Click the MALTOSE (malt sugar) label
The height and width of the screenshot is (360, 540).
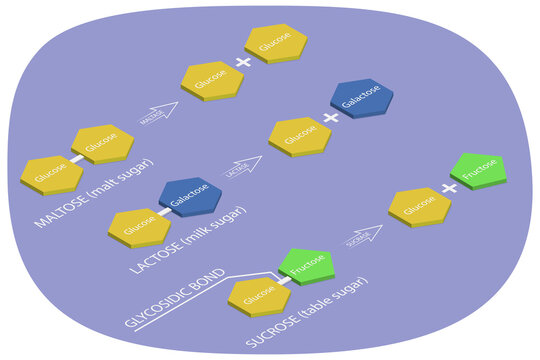[x=95, y=193]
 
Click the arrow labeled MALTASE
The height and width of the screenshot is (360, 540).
[x=158, y=114]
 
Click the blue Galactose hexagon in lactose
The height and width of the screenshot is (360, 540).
[x=190, y=194]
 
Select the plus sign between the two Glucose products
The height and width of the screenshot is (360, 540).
[x=242, y=63]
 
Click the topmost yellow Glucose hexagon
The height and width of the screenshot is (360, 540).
[x=275, y=42]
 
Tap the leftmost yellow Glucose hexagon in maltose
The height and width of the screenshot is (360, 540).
[x=51, y=175]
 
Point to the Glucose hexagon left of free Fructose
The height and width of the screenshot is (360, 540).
[x=419, y=206]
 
